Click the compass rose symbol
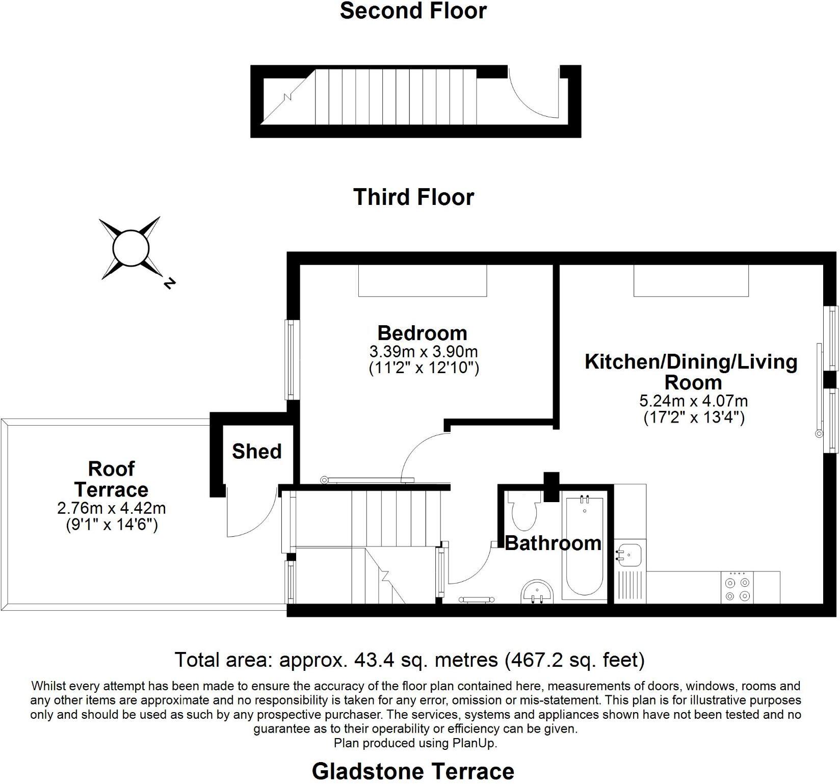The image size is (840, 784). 130,248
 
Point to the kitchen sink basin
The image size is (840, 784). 629,554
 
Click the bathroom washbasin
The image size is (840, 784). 537,591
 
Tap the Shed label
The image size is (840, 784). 256,451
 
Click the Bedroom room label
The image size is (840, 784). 422,333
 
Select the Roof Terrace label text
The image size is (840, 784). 111,479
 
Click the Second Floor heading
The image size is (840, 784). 413,11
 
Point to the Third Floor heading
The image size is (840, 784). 413,197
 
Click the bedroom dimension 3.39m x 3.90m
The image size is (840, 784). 423,352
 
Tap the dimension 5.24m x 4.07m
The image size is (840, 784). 693,401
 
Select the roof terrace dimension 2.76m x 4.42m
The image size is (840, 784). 112,508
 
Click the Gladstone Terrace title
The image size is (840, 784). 413,771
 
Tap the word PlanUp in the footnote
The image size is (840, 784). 474,743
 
